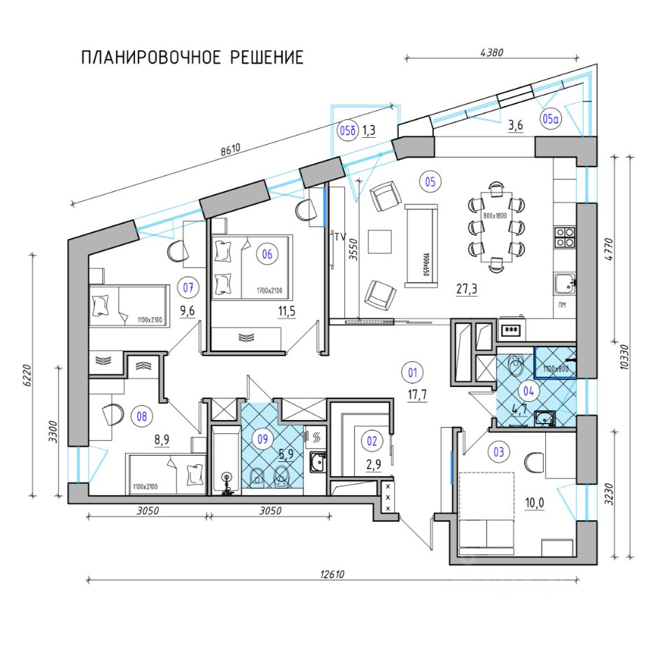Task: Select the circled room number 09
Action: pos(262,440)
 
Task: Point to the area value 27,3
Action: pos(468,288)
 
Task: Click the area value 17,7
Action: pos(418,395)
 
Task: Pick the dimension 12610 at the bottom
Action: pos(332,573)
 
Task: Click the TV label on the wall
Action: pos(341,237)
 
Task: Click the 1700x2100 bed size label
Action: pos(268,290)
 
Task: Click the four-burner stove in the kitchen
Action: pos(564,238)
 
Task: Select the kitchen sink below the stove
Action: pos(563,283)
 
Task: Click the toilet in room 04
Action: pos(516,365)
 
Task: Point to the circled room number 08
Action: pos(143,417)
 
